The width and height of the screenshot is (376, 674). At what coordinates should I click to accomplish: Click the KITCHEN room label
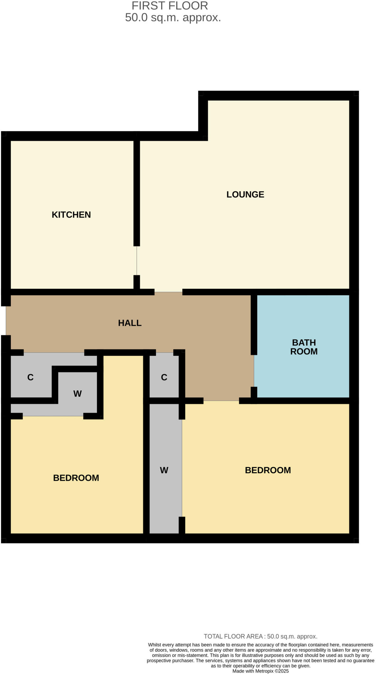pyautogui.click(x=71, y=215)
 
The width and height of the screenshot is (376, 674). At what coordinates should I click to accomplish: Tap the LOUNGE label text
pyautogui.click(x=245, y=194)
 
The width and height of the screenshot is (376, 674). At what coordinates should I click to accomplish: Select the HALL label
pyautogui.click(x=130, y=323)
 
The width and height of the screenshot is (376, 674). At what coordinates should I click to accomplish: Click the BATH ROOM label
pyautogui.click(x=304, y=347)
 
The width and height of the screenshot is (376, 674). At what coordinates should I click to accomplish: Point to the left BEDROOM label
pyautogui.click(x=76, y=478)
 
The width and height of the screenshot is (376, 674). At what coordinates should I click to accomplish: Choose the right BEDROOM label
pyautogui.click(x=268, y=470)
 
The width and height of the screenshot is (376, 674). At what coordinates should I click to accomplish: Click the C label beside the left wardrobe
pyautogui.click(x=30, y=377)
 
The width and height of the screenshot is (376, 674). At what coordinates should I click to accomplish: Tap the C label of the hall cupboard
pyautogui.click(x=164, y=377)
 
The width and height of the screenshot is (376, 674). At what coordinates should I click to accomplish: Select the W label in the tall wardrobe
pyautogui.click(x=164, y=470)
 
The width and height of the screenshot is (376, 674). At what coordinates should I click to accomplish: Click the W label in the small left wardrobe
pyautogui.click(x=77, y=394)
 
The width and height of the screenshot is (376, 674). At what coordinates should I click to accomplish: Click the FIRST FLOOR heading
pyautogui.click(x=170, y=6)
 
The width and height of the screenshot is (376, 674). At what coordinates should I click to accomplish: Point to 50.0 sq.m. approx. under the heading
pyautogui.click(x=173, y=17)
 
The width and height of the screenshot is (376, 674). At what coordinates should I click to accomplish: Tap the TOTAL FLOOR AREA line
pyautogui.click(x=260, y=636)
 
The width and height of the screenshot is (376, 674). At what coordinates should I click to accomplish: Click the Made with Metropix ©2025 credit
pyautogui.click(x=260, y=671)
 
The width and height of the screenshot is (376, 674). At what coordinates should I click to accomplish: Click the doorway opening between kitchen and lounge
pyautogui.click(x=137, y=261)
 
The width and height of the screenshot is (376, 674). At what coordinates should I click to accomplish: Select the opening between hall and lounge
pyautogui.click(x=168, y=292)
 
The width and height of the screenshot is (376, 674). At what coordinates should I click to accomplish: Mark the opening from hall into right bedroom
pyautogui.click(x=221, y=401)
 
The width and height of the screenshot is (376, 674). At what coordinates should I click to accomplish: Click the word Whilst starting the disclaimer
pyautogui.click(x=155, y=645)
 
